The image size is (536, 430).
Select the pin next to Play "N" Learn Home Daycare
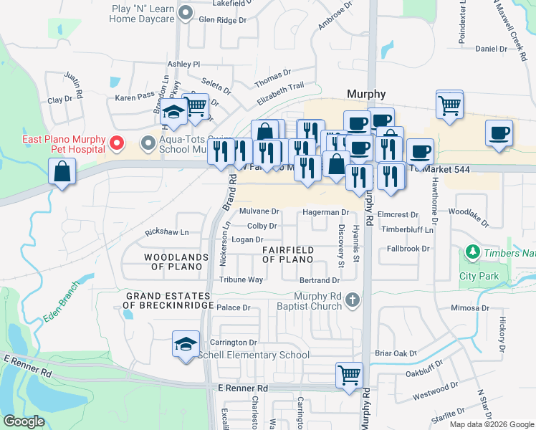(186, 13)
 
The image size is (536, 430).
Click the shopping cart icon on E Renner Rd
(349, 374)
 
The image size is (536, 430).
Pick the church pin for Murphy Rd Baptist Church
(352, 300)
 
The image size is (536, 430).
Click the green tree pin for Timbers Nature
(472, 252)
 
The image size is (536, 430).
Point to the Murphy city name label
(366, 94)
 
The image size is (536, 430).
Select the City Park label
(478, 276)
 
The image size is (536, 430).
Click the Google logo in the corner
(24, 421)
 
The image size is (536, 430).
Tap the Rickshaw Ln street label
(166, 232)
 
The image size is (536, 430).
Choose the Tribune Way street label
(241, 279)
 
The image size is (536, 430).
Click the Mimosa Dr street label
(470, 308)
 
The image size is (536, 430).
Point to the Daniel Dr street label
(491, 49)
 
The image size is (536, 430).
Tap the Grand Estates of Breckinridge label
(170, 300)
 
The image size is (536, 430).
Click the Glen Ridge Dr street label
(222, 20)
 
